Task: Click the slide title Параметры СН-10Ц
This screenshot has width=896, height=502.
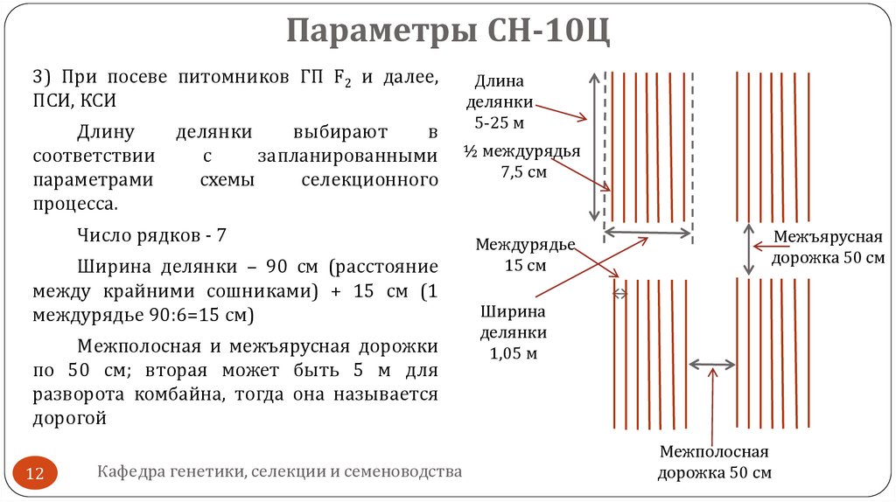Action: point(447,32)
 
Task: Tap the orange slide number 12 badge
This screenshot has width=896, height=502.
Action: point(37,474)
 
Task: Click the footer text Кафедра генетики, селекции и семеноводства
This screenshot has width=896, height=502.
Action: point(279,472)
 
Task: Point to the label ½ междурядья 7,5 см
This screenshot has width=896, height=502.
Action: point(522,162)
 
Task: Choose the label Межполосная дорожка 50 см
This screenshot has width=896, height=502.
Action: point(714,462)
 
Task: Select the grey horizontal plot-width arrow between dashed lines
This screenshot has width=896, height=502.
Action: point(648,233)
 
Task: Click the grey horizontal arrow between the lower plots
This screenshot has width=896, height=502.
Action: point(712,363)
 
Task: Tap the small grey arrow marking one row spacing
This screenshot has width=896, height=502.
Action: point(620,294)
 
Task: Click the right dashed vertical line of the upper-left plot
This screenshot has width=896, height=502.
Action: point(693,149)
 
